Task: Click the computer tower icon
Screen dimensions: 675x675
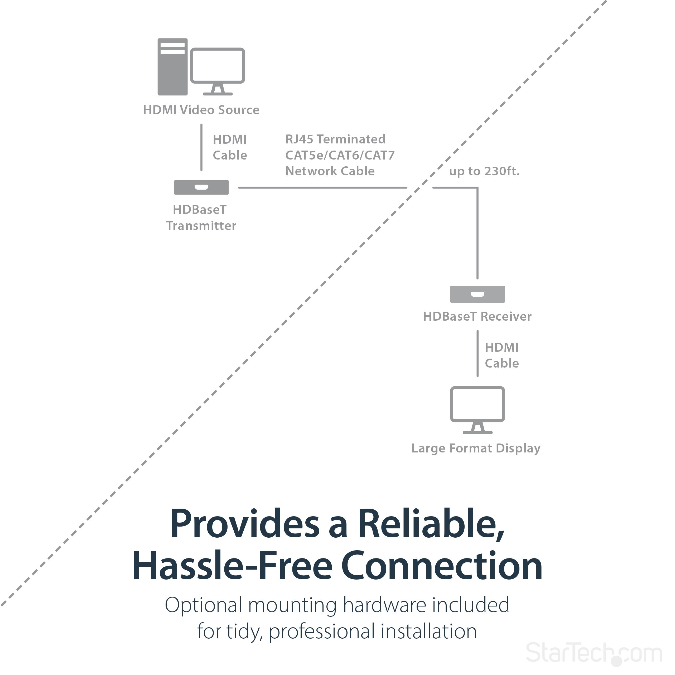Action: coord(173,67)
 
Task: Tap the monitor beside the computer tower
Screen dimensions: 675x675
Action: coord(218,70)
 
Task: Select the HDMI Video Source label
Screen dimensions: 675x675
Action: coord(201,110)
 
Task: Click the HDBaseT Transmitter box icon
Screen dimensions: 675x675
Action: coord(201,188)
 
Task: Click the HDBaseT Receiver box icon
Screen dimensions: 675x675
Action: coord(478,294)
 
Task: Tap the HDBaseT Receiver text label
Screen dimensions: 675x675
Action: coord(477,316)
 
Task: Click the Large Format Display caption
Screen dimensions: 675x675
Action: coord(476,448)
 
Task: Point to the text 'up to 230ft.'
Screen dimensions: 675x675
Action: coord(484,171)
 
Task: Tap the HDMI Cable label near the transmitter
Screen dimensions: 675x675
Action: coord(230,147)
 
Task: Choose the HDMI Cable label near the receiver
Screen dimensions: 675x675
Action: coord(502,355)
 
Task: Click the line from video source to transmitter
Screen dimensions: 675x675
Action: coord(201,147)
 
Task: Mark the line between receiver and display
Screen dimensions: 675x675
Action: coord(478,354)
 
